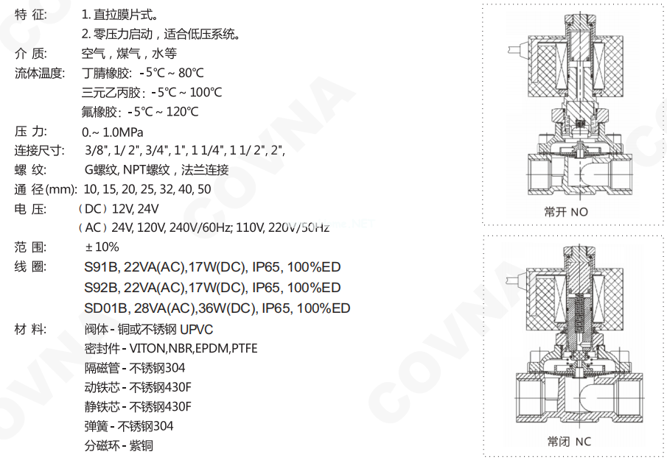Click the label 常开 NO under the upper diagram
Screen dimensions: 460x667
tap(566, 212)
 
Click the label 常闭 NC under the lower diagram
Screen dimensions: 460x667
tap(568, 442)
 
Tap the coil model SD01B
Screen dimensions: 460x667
tap(106, 308)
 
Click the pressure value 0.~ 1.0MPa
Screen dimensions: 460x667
tap(113, 132)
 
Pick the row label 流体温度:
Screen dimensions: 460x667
tap(40, 73)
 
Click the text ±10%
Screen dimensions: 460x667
tap(102, 247)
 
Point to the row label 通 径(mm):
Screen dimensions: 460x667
tap(46, 189)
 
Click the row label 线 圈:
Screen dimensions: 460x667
tap(31, 267)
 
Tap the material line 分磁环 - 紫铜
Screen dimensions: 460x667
tap(119, 445)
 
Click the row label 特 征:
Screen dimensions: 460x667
tap(31, 14)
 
